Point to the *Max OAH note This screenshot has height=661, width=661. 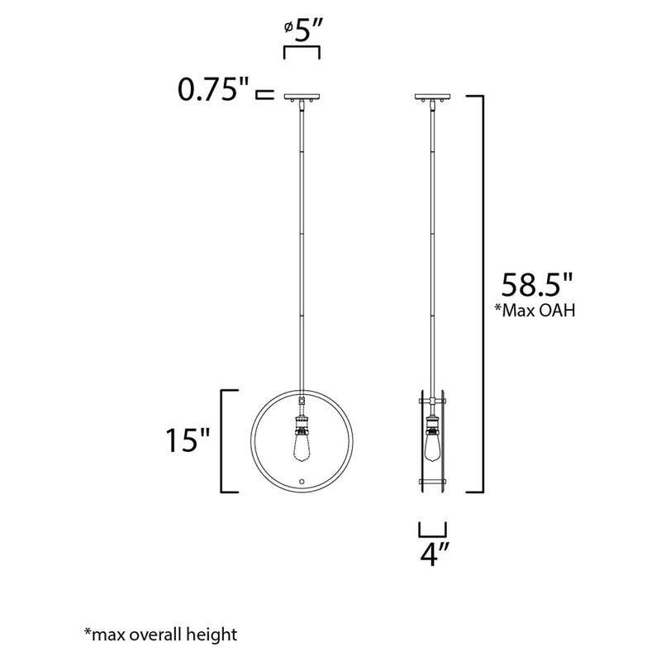(536, 311)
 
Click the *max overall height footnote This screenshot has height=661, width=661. (160, 634)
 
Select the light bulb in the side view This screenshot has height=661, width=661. (432, 448)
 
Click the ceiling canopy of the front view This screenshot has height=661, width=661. (302, 97)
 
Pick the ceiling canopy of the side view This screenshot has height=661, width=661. (432, 97)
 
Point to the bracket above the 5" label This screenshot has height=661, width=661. (302, 52)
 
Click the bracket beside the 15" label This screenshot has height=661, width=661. (223, 440)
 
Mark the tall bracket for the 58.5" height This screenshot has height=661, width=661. (478, 293)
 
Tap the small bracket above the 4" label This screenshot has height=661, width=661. (433, 530)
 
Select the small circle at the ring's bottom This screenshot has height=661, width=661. (302, 481)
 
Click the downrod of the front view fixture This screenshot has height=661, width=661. (302, 248)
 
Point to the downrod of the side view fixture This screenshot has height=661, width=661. (432, 248)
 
